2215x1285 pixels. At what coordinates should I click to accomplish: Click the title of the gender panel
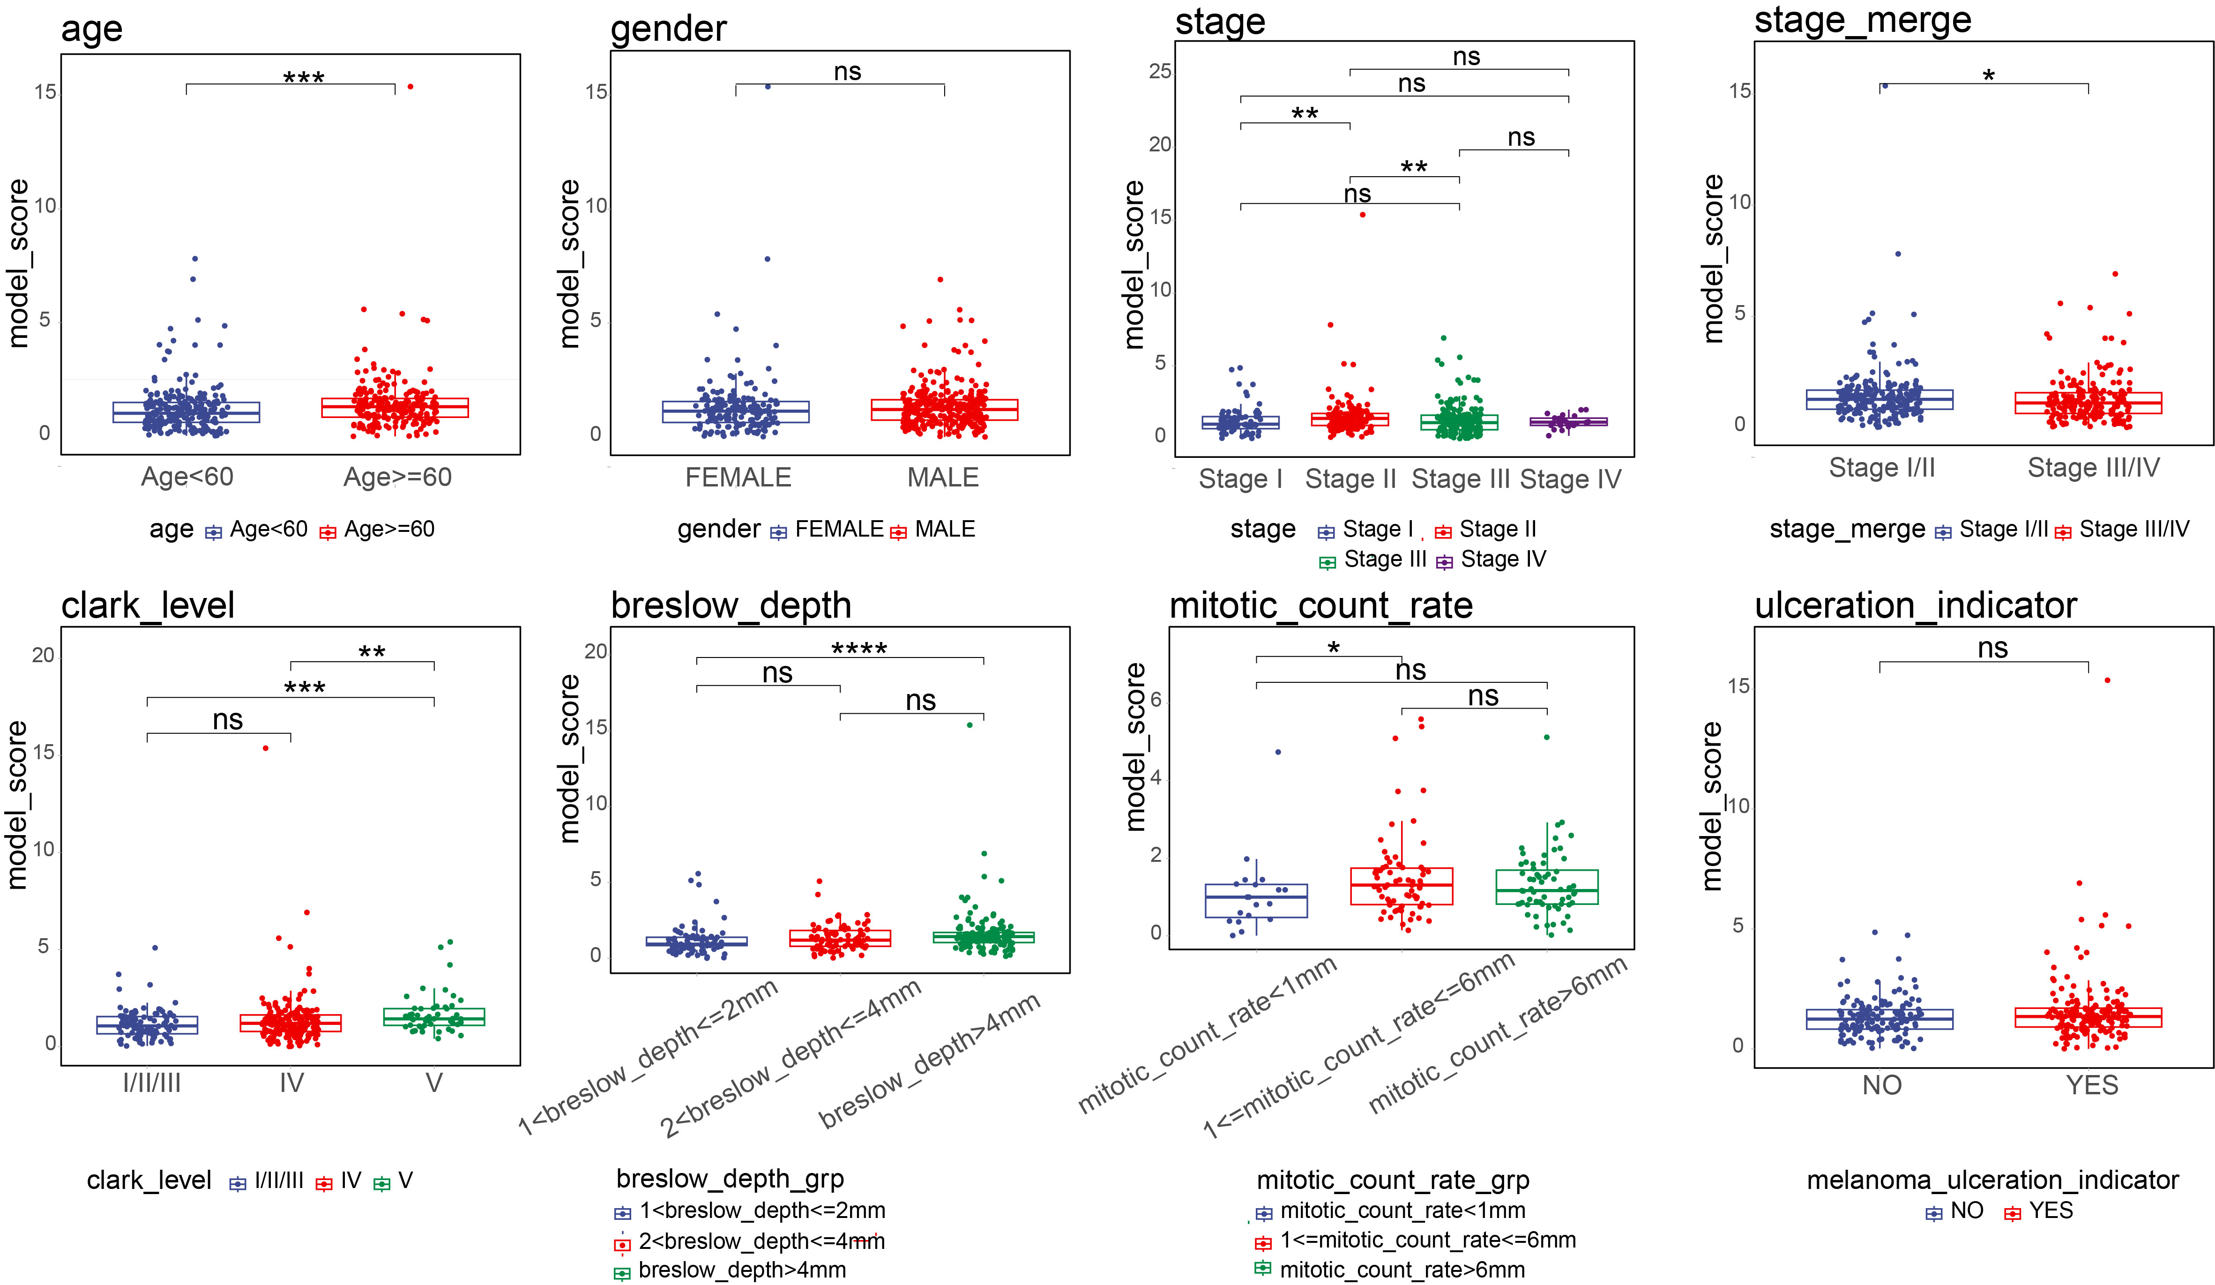click(x=668, y=29)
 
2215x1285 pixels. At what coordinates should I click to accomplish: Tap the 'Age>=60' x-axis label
click(x=397, y=477)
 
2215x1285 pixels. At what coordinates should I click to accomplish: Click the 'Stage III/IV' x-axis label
click(x=2094, y=468)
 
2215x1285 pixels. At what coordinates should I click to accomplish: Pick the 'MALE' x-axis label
click(x=943, y=477)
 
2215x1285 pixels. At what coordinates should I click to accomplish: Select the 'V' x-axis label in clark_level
click(x=434, y=1083)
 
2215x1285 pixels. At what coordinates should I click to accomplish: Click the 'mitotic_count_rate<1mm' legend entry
click(x=1391, y=1211)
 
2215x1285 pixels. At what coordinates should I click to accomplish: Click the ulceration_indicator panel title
click(x=1915, y=605)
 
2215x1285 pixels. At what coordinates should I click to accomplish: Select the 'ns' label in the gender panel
click(x=847, y=71)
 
